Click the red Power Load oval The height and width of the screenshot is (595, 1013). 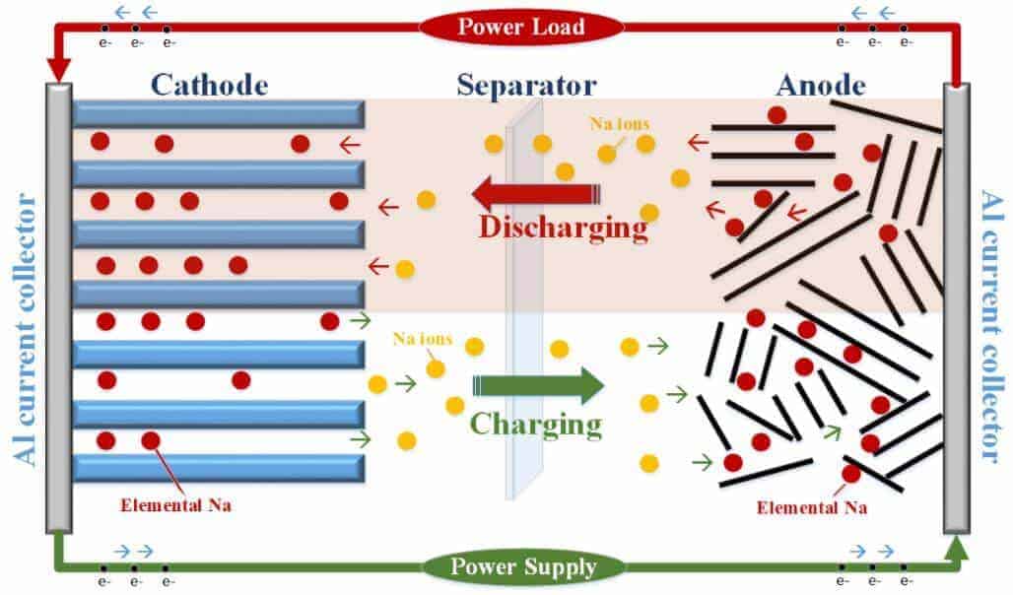tap(506, 27)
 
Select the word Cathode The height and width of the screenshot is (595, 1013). tap(209, 85)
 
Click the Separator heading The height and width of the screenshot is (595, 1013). tap(526, 85)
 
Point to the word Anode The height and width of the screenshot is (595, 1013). tap(821, 85)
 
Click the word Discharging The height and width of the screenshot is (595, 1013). tap(564, 228)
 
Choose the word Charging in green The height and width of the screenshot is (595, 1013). tap(535, 424)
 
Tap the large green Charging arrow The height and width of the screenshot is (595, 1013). tap(538, 385)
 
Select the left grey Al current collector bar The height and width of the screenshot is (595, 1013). tap(58, 306)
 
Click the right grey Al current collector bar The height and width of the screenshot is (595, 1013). tap(956, 306)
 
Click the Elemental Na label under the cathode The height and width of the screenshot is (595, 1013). tap(175, 506)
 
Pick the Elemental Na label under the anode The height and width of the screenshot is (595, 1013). tap(812, 508)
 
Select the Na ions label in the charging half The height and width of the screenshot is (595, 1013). tap(422, 339)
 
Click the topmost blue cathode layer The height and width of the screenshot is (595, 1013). tap(218, 113)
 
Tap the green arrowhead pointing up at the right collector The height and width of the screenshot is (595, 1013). tap(956, 545)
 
